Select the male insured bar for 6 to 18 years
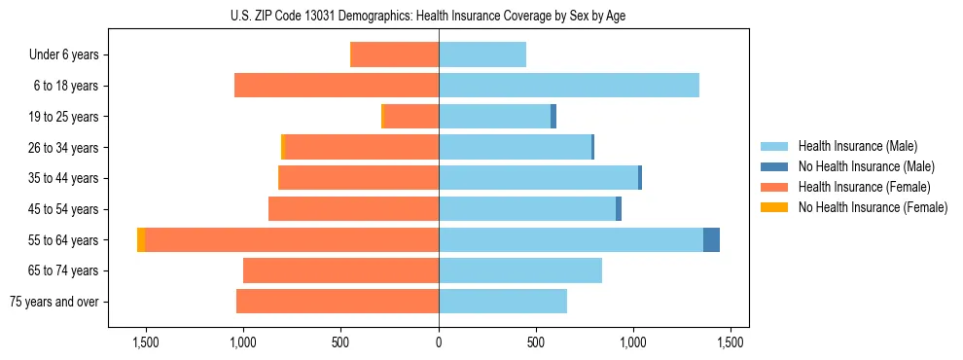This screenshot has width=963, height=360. (x=569, y=86)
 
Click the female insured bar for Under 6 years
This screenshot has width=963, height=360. (x=394, y=54)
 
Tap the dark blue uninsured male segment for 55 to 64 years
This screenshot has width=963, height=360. (x=711, y=240)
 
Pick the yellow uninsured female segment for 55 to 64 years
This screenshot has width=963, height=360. (x=141, y=240)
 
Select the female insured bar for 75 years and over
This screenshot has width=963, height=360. (x=338, y=302)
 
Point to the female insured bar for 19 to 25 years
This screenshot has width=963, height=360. (x=412, y=117)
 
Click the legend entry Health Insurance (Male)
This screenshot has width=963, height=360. (x=858, y=146)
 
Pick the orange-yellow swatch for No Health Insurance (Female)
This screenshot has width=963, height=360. (x=774, y=207)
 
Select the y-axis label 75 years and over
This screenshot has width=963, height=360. (x=54, y=302)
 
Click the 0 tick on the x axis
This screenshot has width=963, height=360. (x=439, y=342)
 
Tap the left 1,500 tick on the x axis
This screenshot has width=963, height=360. (x=145, y=342)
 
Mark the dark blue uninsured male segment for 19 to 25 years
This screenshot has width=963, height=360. (x=553, y=117)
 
